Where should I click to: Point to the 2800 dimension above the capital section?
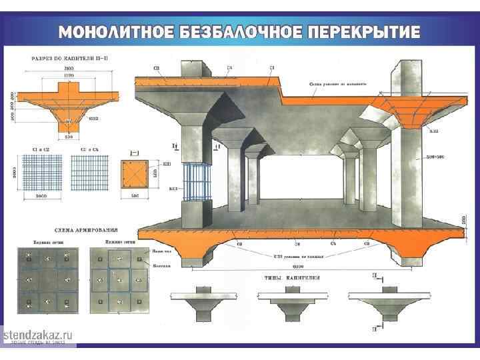tap(68, 69)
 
